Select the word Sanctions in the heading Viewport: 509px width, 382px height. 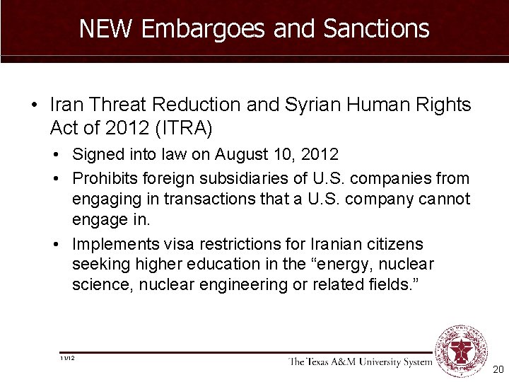tap(376, 28)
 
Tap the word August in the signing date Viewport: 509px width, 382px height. tap(242, 154)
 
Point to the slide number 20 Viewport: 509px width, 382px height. tap(498, 370)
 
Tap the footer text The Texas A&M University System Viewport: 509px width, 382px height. tap(360, 362)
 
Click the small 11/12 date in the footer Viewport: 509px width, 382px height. tap(68, 359)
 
